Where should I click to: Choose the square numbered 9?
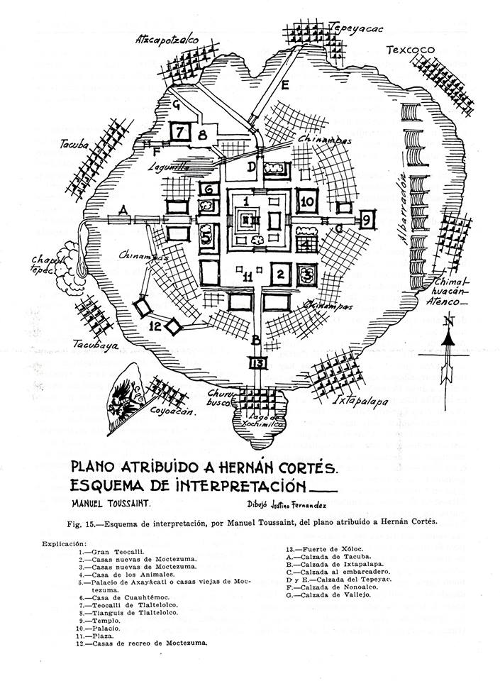click(x=367, y=220)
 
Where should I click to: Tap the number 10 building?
click(x=307, y=202)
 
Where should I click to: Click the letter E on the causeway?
click(x=284, y=87)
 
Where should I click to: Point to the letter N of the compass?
click(x=446, y=321)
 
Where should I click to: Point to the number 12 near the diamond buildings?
click(x=157, y=326)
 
